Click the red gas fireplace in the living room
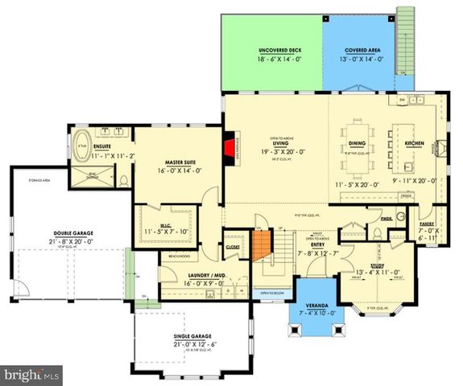(x=229, y=149)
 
